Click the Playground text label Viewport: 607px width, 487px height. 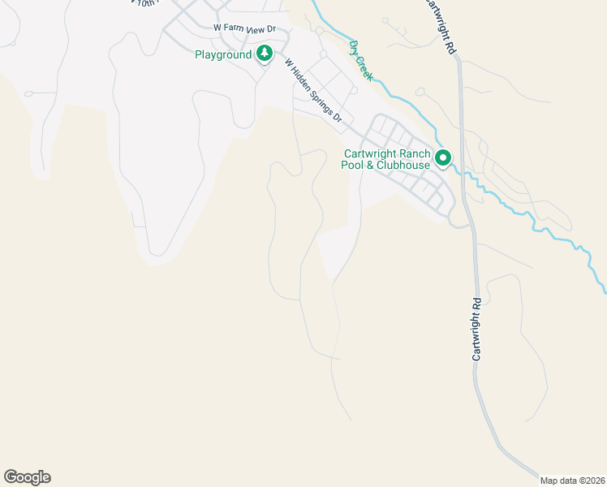tap(223, 55)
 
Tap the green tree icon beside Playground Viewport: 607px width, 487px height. tap(265, 54)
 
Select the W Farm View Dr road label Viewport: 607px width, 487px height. tap(244, 28)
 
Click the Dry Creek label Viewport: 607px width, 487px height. tap(360, 60)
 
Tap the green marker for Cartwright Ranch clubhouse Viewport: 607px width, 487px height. tap(443, 158)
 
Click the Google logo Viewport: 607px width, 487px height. tap(27, 477)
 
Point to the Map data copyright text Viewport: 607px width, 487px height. tap(572, 480)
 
